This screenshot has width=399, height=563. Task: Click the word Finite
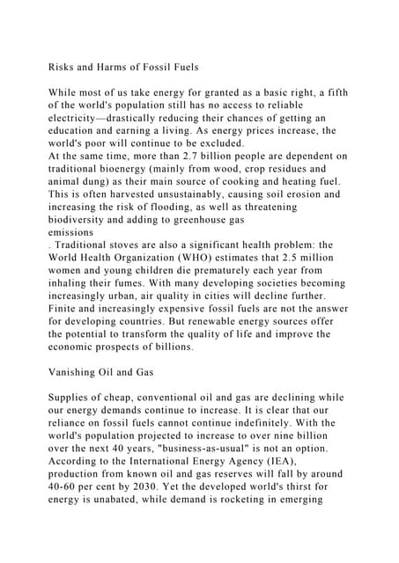(68, 309)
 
